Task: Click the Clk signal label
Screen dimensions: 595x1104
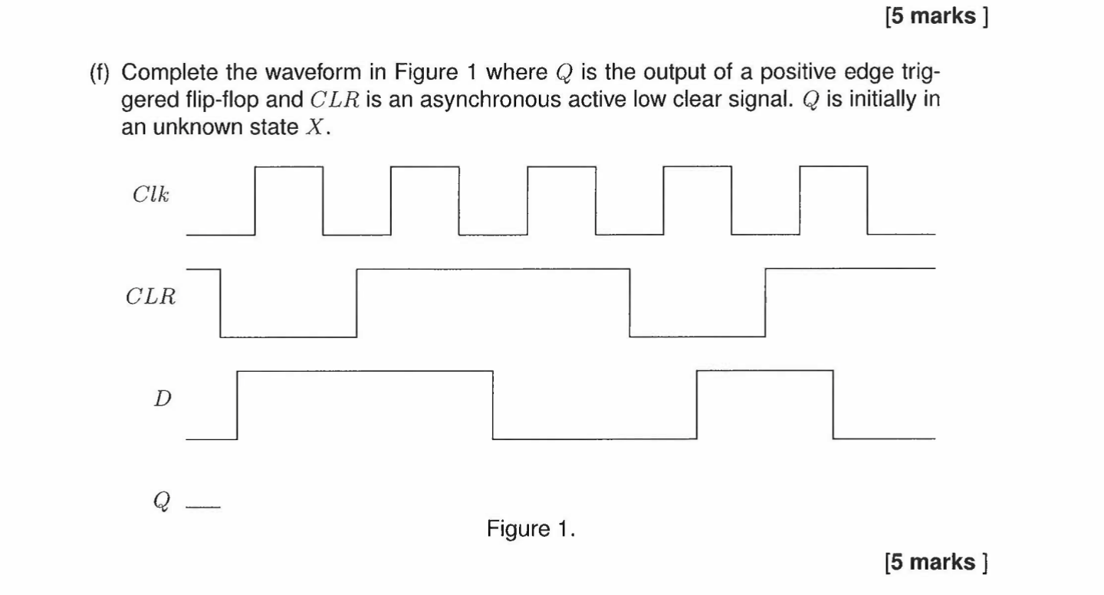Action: [x=151, y=195]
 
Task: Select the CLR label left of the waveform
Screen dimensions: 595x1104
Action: [x=151, y=297]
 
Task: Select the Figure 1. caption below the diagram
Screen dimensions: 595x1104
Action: [x=531, y=529]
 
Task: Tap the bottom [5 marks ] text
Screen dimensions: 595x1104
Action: [x=935, y=563]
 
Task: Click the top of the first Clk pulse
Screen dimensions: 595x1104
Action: [x=288, y=166]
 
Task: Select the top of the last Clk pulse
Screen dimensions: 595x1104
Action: [x=833, y=166]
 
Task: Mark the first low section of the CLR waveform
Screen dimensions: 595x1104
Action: [x=288, y=336]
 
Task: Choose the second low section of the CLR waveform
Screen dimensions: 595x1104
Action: [x=697, y=336]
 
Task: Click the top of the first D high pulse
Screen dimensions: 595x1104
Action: [x=365, y=371]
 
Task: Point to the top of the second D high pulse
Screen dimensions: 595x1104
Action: [x=764, y=371]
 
